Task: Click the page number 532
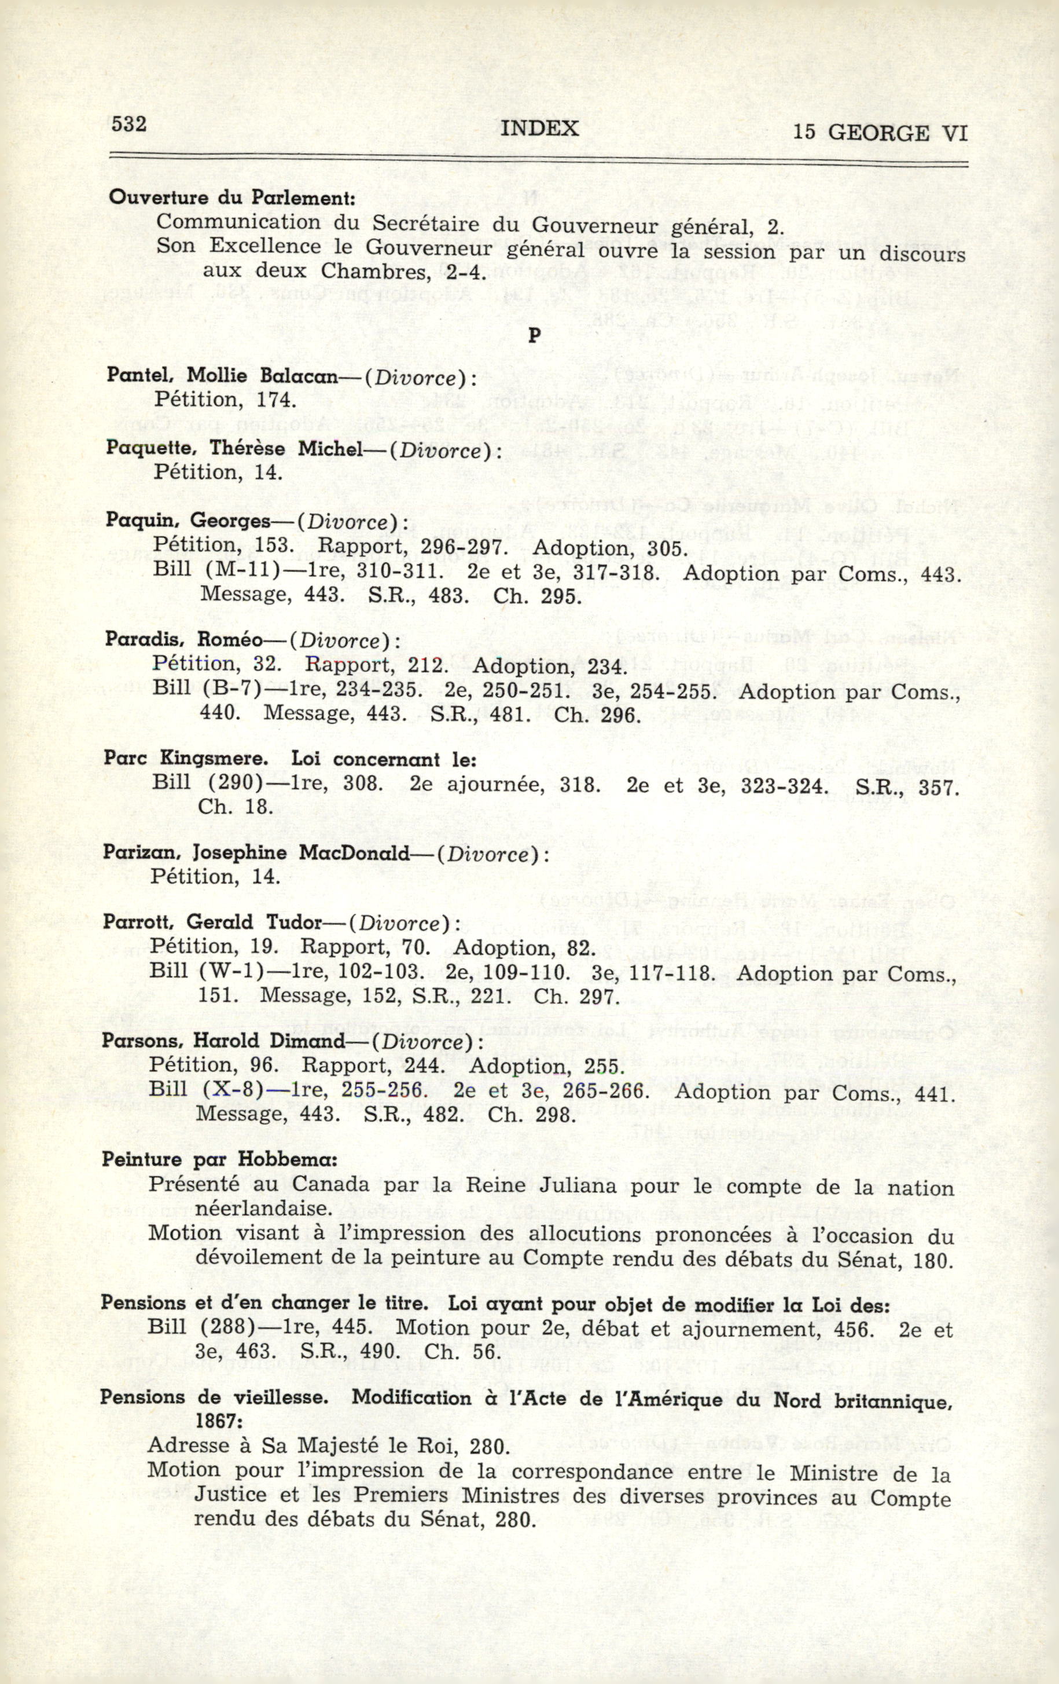coord(128,125)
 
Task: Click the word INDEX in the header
coord(540,128)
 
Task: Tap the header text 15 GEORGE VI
coord(880,132)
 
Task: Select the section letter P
coord(534,336)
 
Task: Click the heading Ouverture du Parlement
coord(232,197)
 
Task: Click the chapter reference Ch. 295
coord(537,596)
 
